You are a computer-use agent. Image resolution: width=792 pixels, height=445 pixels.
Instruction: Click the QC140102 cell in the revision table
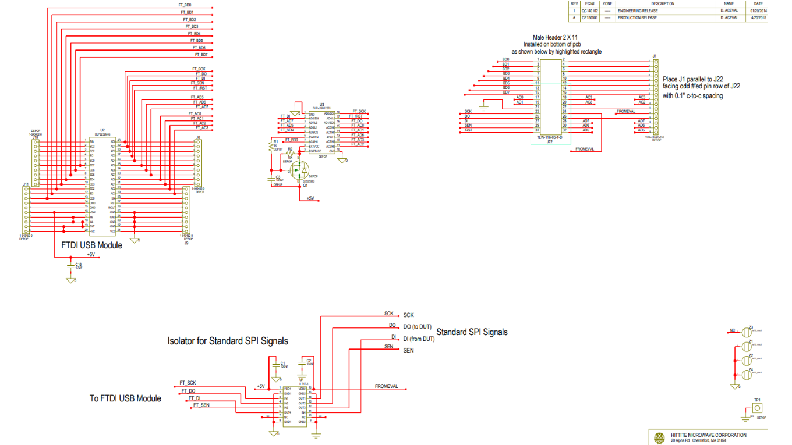pos(589,10)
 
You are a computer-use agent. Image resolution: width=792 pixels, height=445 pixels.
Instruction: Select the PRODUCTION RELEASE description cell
pos(637,18)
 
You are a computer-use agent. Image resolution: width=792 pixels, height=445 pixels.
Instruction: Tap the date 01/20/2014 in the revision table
pos(759,10)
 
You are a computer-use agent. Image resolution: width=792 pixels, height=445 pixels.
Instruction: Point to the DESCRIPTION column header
pos(663,3)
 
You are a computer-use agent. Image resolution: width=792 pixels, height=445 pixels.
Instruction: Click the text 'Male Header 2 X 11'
pos(550,37)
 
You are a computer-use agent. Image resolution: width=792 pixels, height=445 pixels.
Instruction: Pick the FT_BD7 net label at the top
pos(201,55)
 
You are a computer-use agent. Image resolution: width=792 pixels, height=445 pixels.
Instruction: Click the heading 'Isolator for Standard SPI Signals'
pos(228,340)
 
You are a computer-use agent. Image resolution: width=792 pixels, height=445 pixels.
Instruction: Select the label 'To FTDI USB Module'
pos(125,398)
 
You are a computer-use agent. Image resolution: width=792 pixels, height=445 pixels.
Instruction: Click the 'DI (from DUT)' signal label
pos(419,339)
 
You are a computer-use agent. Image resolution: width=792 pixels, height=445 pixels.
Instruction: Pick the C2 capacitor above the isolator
pos(302,364)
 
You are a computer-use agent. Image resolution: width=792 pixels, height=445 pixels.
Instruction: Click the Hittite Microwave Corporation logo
pos(659,437)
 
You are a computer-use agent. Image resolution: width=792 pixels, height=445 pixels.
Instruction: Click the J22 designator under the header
pos(549,142)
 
